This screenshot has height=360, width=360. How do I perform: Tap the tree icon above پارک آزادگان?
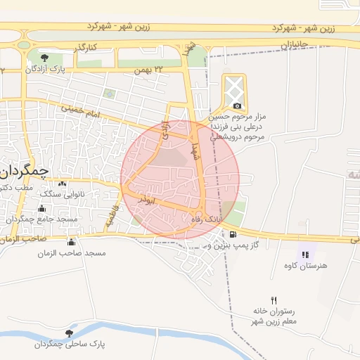pos(44,56)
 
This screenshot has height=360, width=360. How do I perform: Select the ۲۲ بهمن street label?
pos(148,69)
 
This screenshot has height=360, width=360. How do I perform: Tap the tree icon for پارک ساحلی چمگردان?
pos(69,333)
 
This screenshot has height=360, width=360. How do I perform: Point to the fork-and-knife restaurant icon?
pos(274,300)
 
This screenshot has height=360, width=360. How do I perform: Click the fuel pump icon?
pos(233,234)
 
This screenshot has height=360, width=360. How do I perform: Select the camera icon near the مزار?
pos(237,105)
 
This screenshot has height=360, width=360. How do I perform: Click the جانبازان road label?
pos(295,45)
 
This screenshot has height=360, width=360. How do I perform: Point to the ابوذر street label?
pos(145,199)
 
